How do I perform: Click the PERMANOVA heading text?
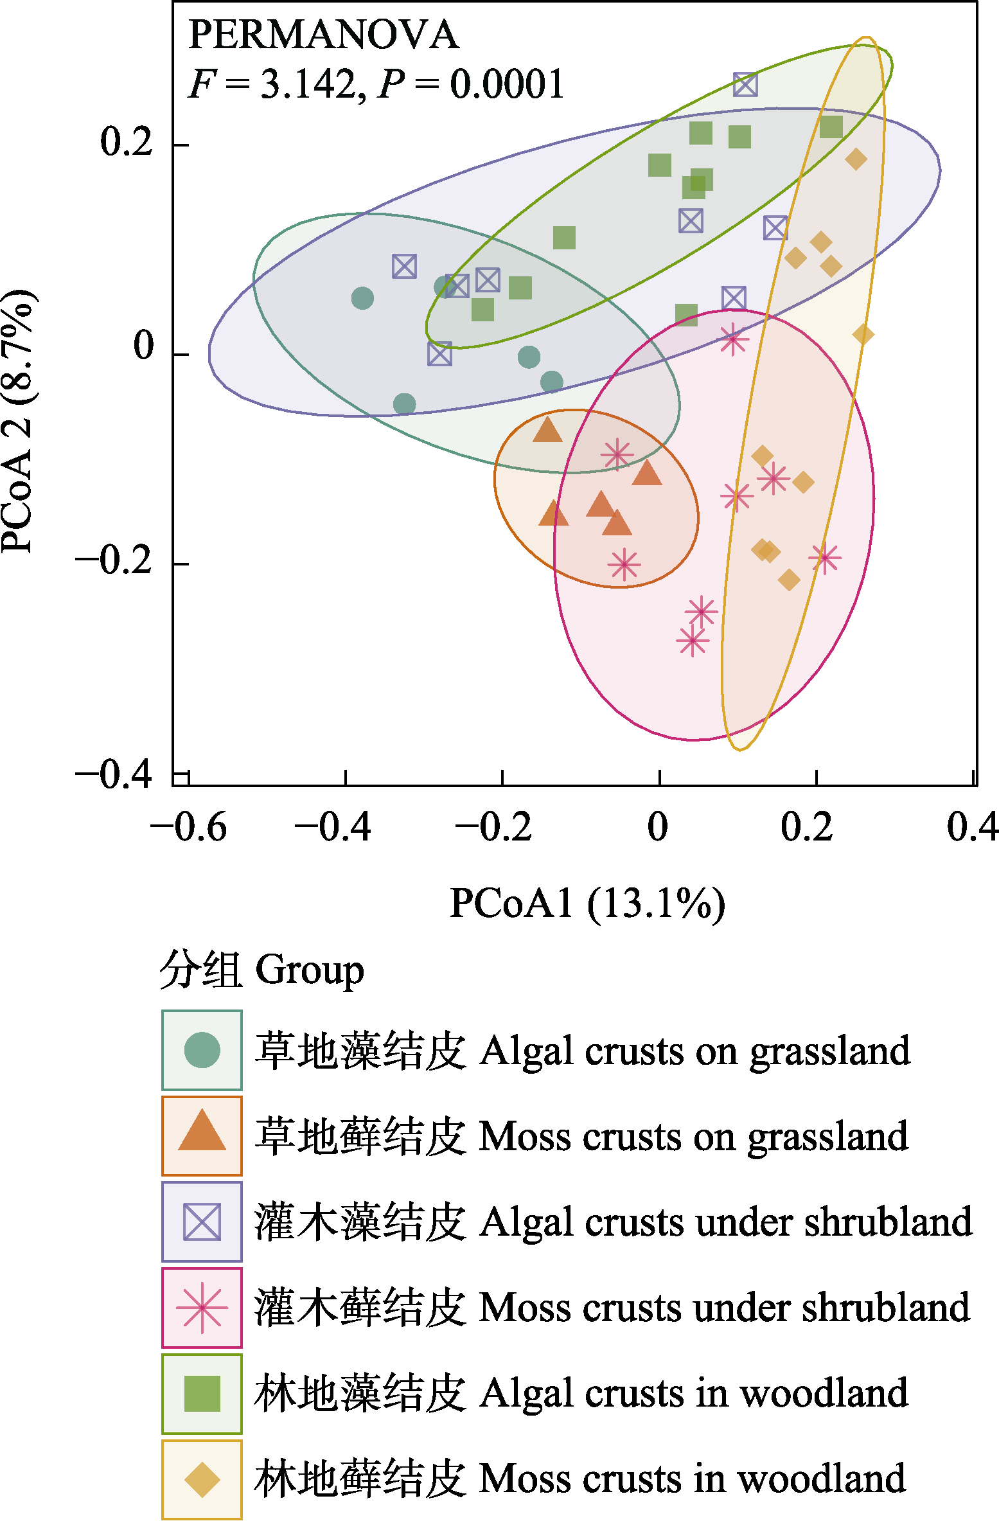[x=323, y=35]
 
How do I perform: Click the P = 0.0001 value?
[x=472, y=84]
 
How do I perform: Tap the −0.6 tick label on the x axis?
[x=188, y=827]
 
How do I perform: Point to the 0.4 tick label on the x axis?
[x=972, y=827]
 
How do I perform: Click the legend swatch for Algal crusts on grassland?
[x=202, y=1050]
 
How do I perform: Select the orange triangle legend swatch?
[x=202, y=1135]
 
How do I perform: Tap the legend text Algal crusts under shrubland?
[x=725, y=1222]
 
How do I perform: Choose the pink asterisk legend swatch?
[x=202, y=1307]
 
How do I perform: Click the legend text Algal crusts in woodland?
[x=694, y=1392]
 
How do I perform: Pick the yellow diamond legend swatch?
[x=202, y=1479]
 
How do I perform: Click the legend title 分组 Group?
[x=261, y=970]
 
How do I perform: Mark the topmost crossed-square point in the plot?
[x=745, y=84]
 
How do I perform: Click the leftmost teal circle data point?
[x=363, y=298]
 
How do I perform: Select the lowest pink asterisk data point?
[x=692, y=641]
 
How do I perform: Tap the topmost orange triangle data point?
[x=547, y=430]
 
